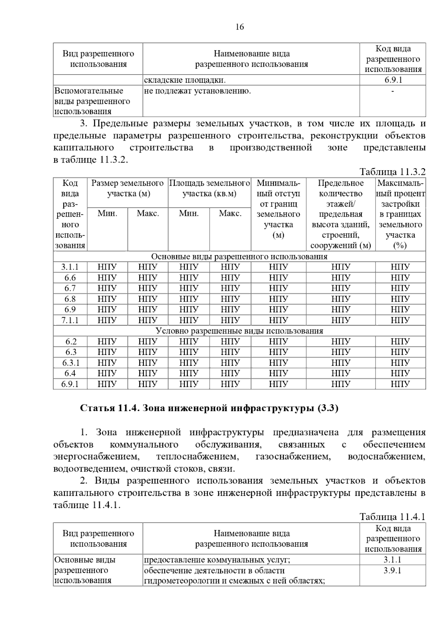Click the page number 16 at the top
(240, 27)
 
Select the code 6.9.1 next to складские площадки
(393, 80)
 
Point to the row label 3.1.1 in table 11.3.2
(70, 267)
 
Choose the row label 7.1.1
(70, 320)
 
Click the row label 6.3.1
(70, 363)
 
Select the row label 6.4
(70, 373)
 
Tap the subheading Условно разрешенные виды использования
(239, 331)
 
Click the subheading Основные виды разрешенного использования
(239, 257)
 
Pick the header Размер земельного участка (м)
(128, 188)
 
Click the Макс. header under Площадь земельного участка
(230, 213)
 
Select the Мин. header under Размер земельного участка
(107, 213)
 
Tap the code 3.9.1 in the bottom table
(393, 571)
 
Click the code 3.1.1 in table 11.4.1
(393, 560)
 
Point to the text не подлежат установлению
(197, 91)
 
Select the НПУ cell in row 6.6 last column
(400, 278)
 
